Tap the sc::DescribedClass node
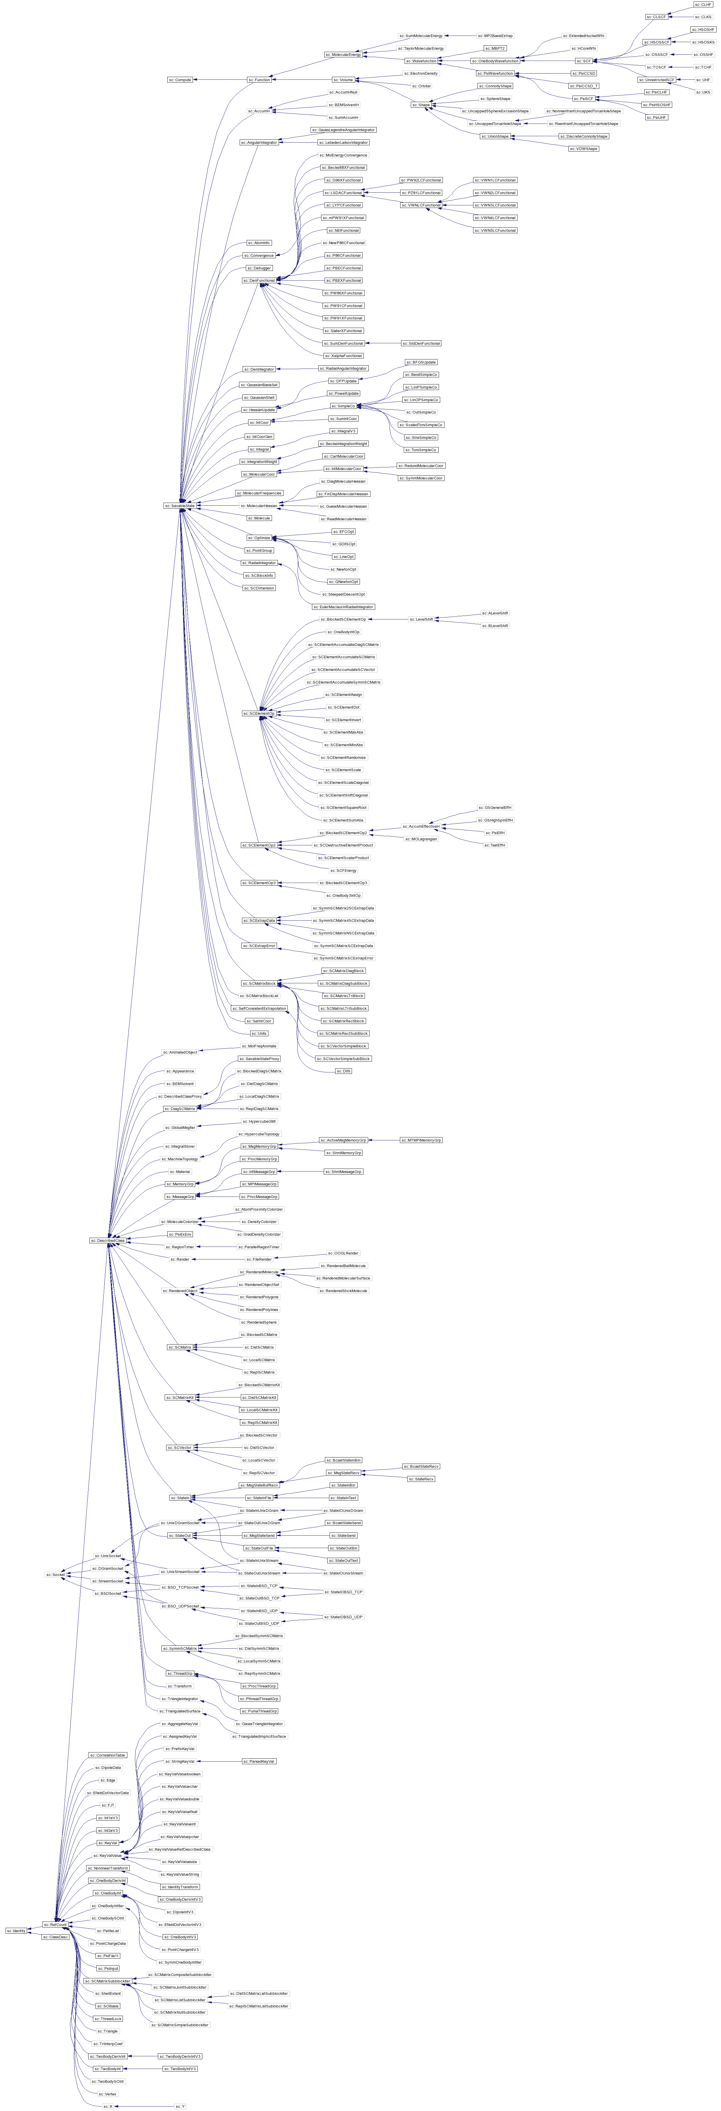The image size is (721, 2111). coord(107,1240)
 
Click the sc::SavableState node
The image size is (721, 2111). coord(180,506)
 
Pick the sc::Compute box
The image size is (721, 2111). coord(180,79)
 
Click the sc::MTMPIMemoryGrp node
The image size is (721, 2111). coord(420,1140)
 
